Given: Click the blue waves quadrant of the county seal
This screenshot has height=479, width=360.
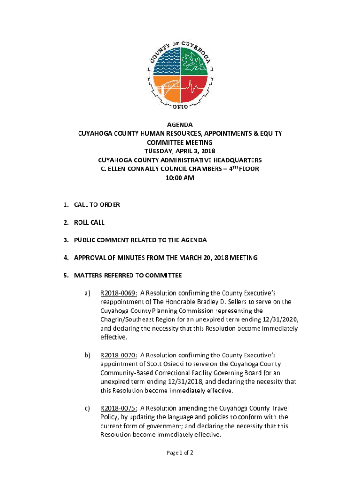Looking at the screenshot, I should (x=166, y=61).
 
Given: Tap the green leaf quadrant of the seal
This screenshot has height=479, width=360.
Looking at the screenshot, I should (x=194, y=61).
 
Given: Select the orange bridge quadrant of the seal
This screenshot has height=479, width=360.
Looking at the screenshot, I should (x=166, y=89).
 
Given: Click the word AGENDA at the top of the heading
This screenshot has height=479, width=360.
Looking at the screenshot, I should (x=180, y=124).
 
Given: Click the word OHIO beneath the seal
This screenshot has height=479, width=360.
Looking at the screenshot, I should (x=180, y=107).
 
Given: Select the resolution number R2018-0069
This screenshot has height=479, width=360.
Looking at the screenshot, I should (x=119, y=293).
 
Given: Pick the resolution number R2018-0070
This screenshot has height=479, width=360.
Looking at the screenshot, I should (x=119, y=355).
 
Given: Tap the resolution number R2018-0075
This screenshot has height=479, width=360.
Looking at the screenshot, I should (x=119, y=408).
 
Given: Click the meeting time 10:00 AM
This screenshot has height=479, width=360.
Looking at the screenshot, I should (x=180, y=178).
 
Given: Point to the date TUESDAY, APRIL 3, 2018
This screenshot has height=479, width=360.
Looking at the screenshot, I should (x=180, y=151).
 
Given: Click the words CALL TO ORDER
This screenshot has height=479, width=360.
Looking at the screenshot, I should (x=97, y=204).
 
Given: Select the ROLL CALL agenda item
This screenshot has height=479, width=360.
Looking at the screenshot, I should (x=89, y=222).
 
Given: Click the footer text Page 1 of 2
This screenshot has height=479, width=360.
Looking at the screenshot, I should (x=180, y=453).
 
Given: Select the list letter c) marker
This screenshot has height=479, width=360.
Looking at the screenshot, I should (x=87, y=408).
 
